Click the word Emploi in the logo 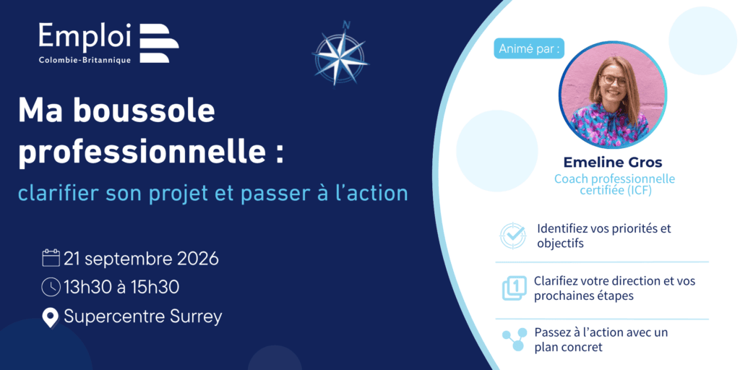click(x=85, y=36)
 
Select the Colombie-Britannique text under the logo click(x=85, y=60)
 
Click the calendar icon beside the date click(x=51, y=258)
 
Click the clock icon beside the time click(x=51, y=287)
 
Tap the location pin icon click(x=51, y=318)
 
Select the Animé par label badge click(x=529, y=48)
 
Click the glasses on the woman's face click(x=613, y=79)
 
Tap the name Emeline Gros click(x=613, y=163)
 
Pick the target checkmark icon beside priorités click(x=512, y=236)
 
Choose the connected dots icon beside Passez click(x=514, y=340)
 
